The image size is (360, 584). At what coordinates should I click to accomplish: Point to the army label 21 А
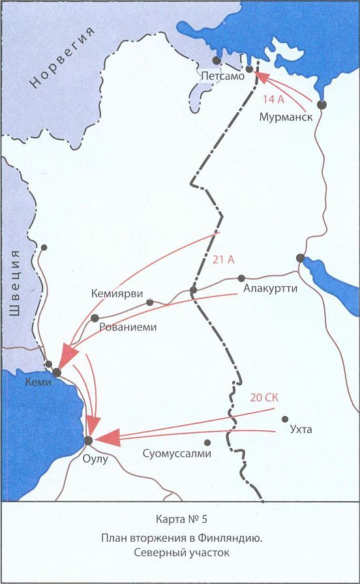click(224, 259)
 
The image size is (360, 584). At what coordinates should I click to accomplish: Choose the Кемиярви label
click(117, 295)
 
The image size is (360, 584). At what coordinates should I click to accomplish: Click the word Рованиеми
click(128, 328)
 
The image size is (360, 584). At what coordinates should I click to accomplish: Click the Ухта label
click(299, 430)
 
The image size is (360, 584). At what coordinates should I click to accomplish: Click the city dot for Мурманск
click(321, 104)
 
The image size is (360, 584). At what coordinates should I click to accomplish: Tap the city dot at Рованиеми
click(95, 318)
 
